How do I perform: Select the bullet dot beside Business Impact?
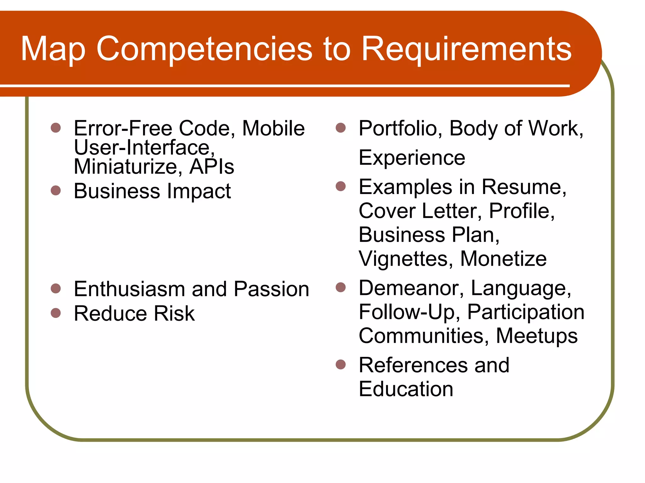(x=56, y=190)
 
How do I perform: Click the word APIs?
(x=212, y=166)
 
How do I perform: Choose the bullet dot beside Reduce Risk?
(x=56, y=313)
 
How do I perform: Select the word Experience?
(x=412, y=158)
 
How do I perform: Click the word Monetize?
(x=503, y=259)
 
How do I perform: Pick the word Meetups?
(x=537, y=336)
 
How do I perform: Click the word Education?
(x=406, y=389)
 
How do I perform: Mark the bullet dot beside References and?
(x=341, y=364)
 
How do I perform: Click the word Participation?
(x=526, y=312)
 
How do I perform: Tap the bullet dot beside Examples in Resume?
(x=341, y=186)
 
